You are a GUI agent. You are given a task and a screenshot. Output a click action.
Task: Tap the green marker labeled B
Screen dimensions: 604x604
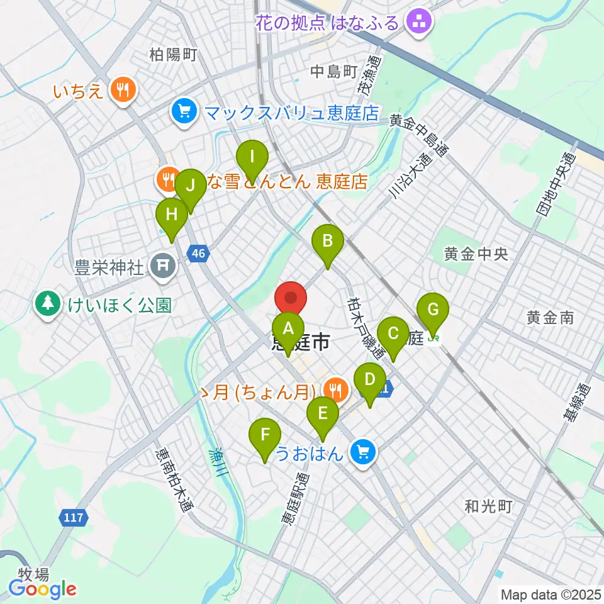point(328,240)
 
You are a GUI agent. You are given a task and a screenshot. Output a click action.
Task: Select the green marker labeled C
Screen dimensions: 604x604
point(393,333)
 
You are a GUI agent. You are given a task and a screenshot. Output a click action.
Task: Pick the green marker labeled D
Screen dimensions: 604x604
point(370,380)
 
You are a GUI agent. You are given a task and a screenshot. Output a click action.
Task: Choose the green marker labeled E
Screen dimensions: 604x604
point(323,413)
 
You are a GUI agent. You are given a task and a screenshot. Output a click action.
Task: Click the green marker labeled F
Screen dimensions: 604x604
point(266,435)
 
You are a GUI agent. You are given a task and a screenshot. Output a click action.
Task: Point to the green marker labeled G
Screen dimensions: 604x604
point(433,310)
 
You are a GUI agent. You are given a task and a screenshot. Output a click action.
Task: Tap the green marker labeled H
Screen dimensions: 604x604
point(171,215)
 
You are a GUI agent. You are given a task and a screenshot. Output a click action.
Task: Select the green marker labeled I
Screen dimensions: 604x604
point(252,155)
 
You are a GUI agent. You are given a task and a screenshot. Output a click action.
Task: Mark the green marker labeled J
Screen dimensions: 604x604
point(190,187)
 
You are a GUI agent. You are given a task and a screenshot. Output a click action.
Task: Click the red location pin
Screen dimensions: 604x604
point(291,297)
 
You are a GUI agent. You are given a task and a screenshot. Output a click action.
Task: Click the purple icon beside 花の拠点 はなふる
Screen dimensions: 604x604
point(418,23)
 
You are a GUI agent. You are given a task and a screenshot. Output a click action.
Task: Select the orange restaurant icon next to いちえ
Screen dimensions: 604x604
point(122,91)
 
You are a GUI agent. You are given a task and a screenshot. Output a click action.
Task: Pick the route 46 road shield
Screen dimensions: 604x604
point(199,254)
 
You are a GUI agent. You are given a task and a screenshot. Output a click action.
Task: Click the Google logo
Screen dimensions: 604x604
point(42,589)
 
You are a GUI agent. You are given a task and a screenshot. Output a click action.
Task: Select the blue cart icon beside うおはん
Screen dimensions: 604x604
point(363,452)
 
